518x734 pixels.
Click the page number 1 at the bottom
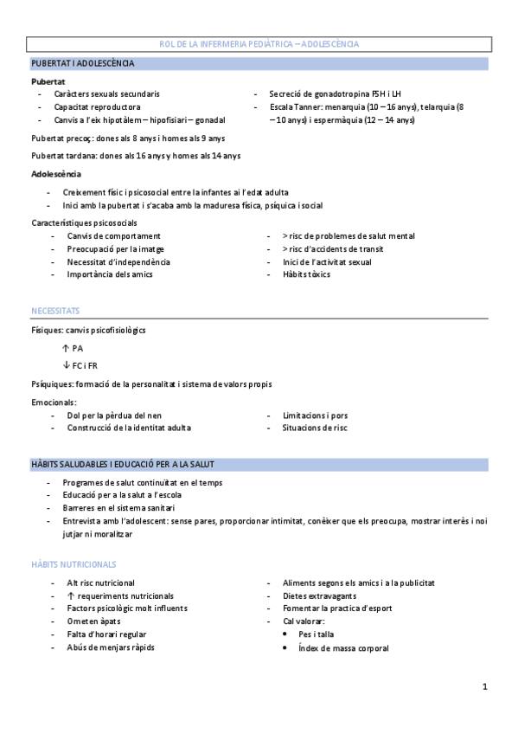(x=486, y=687)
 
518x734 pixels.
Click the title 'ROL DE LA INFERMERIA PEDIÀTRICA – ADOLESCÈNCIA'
(x=259, y=43)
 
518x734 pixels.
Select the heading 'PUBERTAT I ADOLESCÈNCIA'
(x=83, y=63)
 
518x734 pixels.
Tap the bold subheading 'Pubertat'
(x=47, y=80)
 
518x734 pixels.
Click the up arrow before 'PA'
(x=66, y=348)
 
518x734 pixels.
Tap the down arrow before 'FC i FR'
(x=66, y=365)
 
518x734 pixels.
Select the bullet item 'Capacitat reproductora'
(x=97, y=106)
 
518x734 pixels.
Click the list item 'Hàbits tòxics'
(x=306, y=274)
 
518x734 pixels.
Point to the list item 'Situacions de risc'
(x=315, y=428)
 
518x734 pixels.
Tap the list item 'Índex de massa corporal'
(x=343, y=647)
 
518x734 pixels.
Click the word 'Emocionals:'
(x=54, y=402)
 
